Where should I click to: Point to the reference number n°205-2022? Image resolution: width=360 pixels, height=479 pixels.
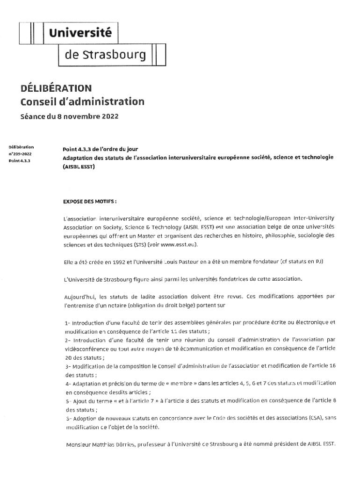tap(20, 153)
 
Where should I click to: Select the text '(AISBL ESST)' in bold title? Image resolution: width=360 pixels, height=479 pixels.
tap(79, 166)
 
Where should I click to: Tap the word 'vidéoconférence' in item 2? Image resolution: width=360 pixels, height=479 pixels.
tap(86, 349)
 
